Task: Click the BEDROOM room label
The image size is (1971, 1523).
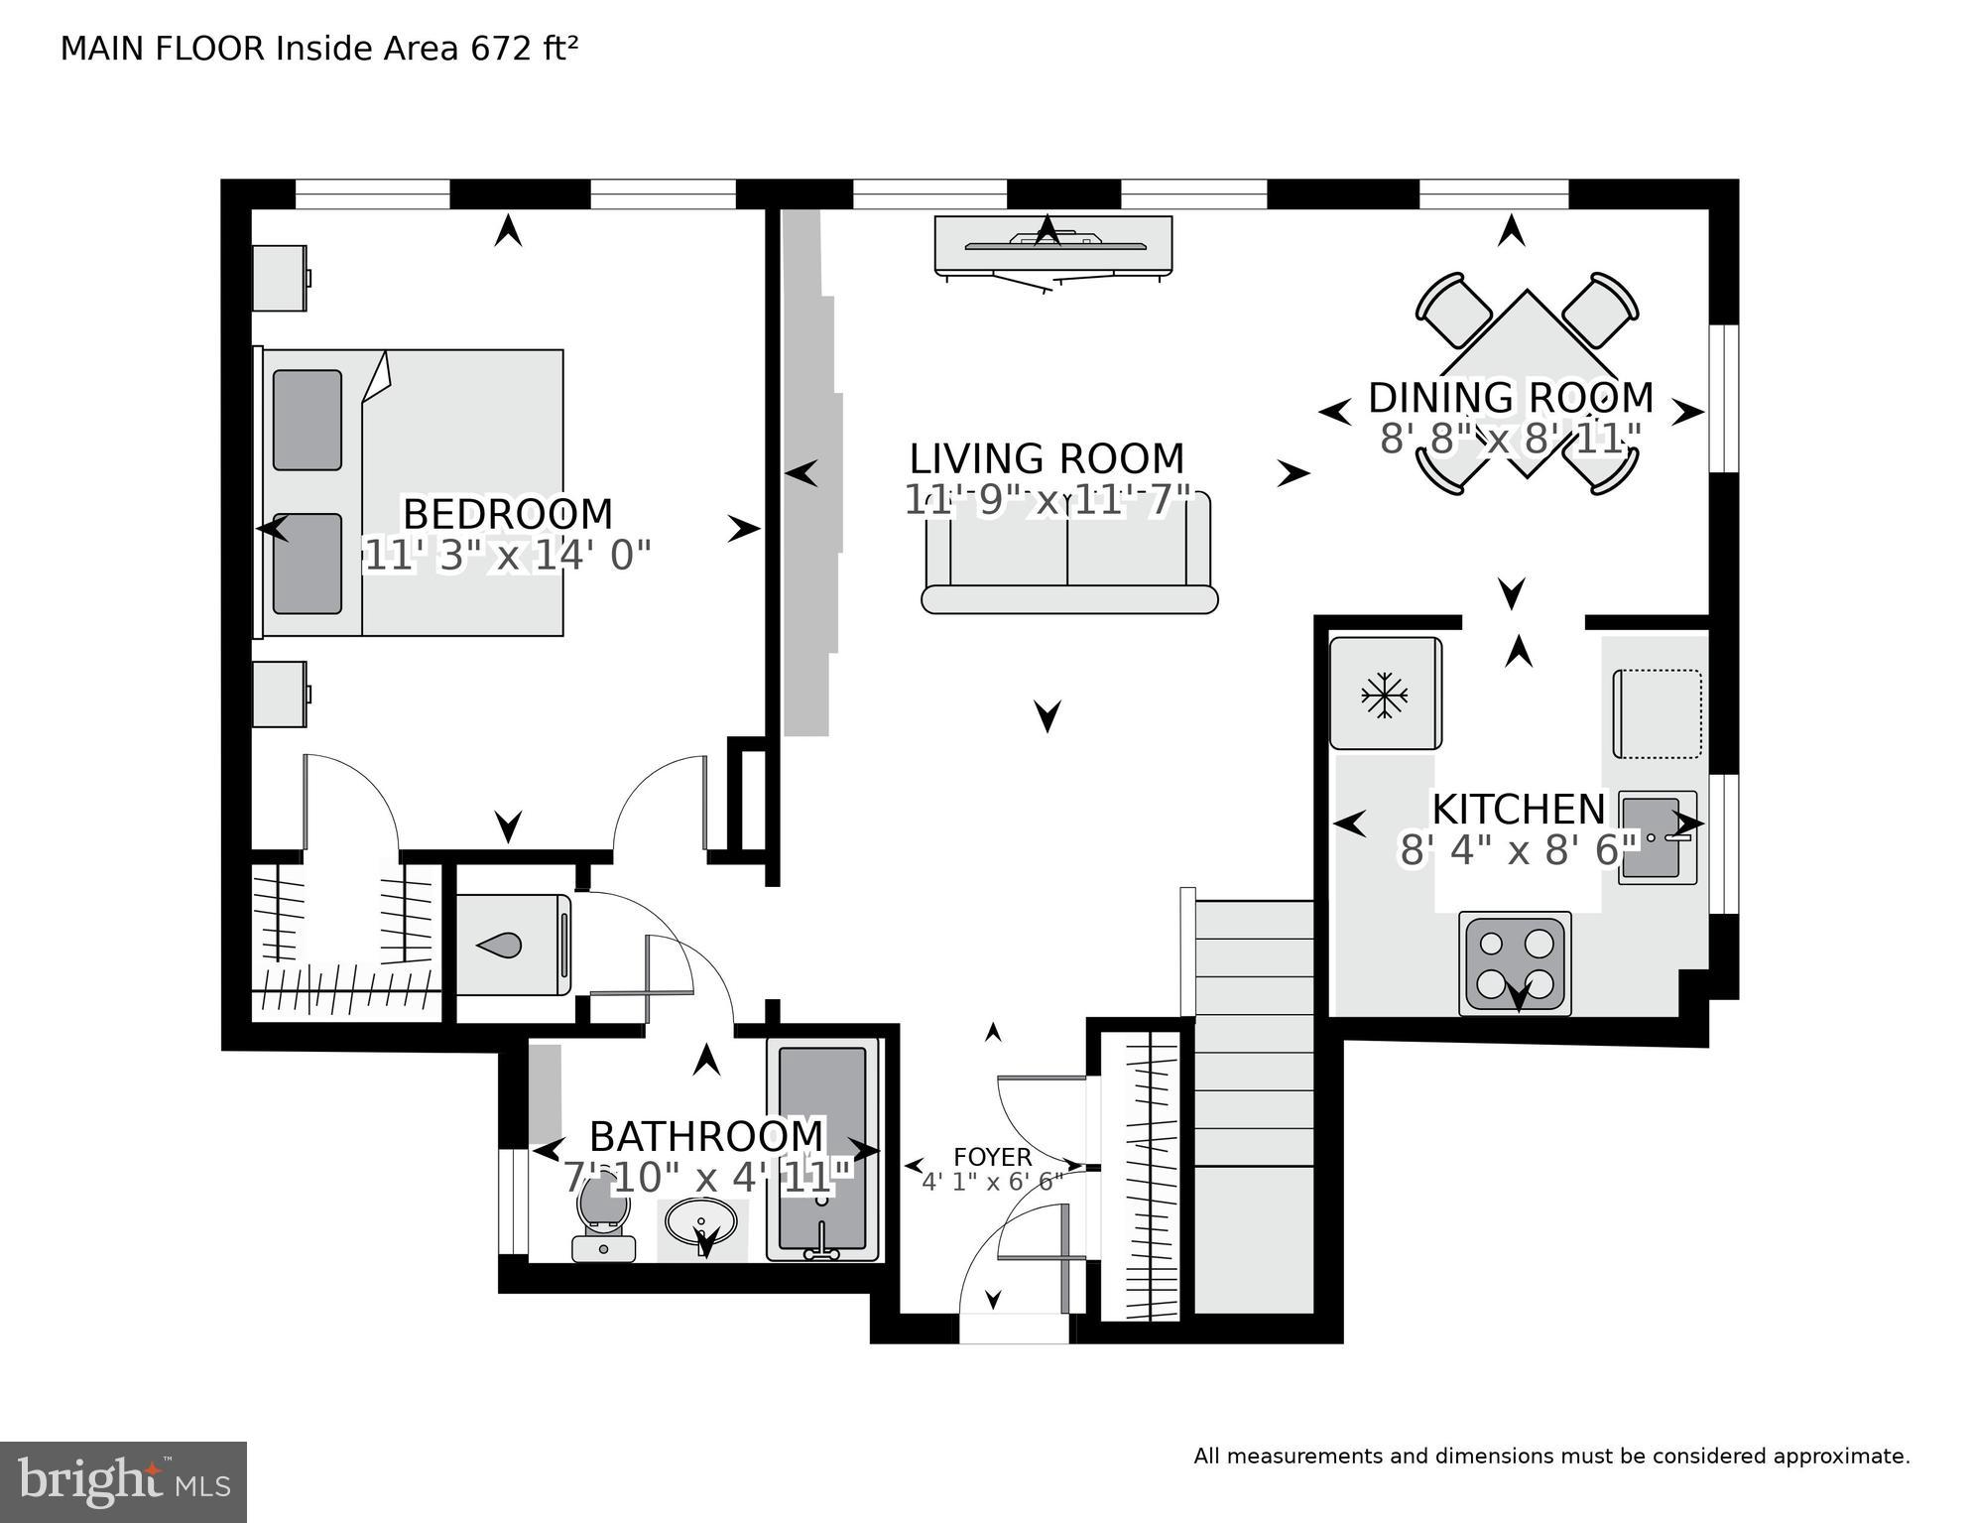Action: tap(507, 514)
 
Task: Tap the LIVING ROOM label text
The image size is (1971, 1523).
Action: tap(1047, 458)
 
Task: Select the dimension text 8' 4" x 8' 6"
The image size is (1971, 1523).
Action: tap(1518, 850)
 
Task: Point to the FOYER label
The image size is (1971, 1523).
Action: tap(992, 1157)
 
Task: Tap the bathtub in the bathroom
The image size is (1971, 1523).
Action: tap(822, 1149)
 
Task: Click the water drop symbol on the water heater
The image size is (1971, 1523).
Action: tap(500, 946)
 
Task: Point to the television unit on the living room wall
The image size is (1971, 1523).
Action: tap(1052, 246)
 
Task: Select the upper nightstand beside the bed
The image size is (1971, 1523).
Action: tap(280, 278)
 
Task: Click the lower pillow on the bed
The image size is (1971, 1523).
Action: tap(308, 563)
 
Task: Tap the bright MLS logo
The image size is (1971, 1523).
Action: tap(123, 1481)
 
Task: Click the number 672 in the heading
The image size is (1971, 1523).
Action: tap(501, 49)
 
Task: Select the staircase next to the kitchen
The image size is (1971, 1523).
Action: tap(1254, 1091)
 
